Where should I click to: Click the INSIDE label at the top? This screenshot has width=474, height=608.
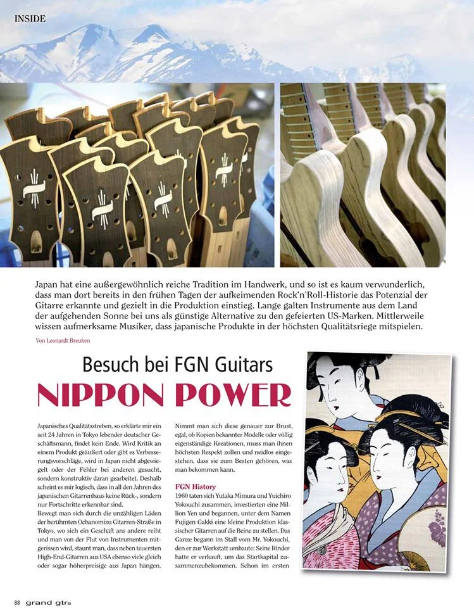pyautogui.click(x=30, y=19)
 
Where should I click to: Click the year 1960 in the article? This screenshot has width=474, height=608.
pyautogui.click(x=182, y=497)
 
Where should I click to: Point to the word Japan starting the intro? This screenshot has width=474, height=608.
pyautogui.click(x=49, y=286)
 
